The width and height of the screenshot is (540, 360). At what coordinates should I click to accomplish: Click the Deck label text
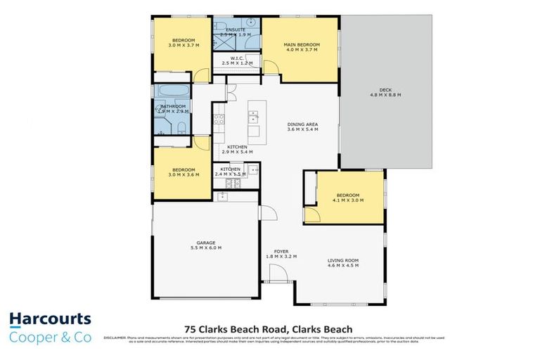[385, 90]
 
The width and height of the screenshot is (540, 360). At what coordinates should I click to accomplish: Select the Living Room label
[343, 260]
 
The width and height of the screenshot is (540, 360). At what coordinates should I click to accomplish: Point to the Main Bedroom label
[302, 45]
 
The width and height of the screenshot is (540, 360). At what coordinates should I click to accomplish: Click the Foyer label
[281, 251]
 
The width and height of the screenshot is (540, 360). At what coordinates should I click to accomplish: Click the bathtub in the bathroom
[169, 91]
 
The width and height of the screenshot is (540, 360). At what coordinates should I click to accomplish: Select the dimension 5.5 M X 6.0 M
[205, 247]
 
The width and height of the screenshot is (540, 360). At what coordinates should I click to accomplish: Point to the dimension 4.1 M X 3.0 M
[347, 200]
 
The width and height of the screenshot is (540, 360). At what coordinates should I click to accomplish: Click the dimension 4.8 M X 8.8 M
[385, 96]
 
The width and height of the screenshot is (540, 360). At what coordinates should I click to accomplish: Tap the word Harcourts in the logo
[50, 321]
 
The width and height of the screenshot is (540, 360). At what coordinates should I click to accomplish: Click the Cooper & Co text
[50, 337]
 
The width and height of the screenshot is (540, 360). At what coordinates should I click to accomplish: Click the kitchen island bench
[253, 120]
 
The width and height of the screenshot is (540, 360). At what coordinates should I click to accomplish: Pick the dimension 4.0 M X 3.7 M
[302, 51]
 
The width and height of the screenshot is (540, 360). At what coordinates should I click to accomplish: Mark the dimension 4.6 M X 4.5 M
[343, 266]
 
